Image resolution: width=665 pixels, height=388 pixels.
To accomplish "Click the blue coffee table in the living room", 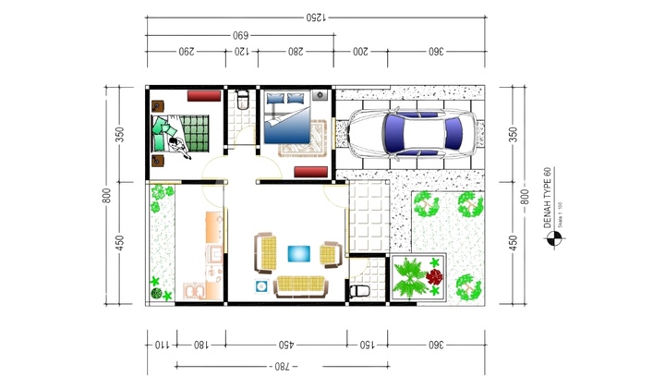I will pos(299,252).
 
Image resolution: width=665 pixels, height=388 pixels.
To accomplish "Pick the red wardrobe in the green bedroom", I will pos(203,94).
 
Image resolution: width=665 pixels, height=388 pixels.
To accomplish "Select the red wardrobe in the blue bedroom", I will pos(308,171).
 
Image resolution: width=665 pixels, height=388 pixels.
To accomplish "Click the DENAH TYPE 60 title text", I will pos(547,198).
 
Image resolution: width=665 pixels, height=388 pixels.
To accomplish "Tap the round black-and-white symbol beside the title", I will pos(554,240).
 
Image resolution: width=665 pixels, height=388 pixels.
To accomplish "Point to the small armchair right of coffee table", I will pos(331,254).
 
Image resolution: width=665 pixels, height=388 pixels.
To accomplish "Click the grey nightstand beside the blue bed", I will pos(320,94).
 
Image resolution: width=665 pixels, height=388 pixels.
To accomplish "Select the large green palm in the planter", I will pos(408,277).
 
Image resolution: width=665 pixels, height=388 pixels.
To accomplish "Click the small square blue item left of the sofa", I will pos(260,285).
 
